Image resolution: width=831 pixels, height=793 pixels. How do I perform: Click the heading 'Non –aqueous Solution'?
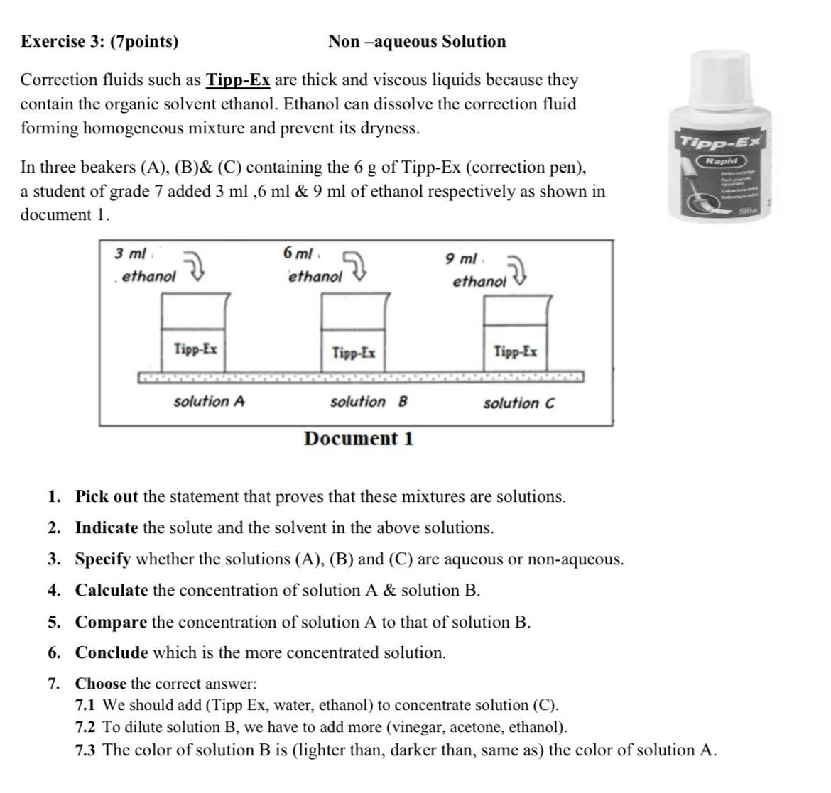pyautogui.click(x=417, y=42)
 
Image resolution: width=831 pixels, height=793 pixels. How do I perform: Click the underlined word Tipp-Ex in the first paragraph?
pyautogui.click(x=238, y=80)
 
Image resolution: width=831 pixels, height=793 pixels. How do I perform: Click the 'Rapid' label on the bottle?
pyautogui.click(x=722, y=161)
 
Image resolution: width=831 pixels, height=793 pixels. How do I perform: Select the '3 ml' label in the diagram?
pyautogui.click(x=130, y=253)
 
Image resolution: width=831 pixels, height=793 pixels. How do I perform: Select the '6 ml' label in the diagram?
pyautogui.click(x=298, y=253)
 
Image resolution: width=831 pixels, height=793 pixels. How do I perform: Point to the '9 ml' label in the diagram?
pyautogui.click(x=461, y=258)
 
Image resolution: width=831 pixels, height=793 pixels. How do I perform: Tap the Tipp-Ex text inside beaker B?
pyautogui.click(x=354, y=352)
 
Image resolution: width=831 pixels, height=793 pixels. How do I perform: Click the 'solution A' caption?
pyautogui.click(x=209, y=402)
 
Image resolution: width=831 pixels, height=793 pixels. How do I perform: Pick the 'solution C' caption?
pyautogui.click(x=518, y=403)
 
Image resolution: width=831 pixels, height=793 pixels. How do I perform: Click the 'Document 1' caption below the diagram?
pyautogui.click(x=358, y=439)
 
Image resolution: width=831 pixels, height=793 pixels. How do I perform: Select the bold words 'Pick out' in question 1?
pyautogui.click(x=107, y=497)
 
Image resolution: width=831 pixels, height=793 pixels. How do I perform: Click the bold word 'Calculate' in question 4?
pyautogui.click(x=112, y=591)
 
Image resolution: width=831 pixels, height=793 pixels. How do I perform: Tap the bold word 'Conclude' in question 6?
pyautogui.click(x=112, y=653)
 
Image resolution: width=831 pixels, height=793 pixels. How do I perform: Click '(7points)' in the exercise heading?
pyautogui.click(x=145, y=42)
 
